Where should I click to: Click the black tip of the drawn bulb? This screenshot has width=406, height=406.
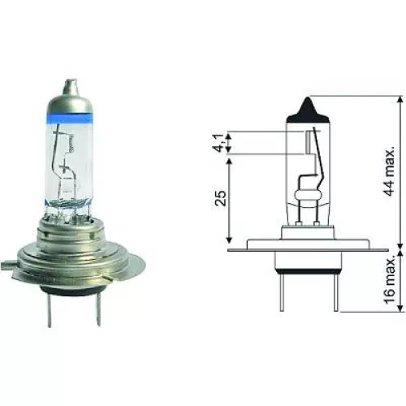click(x=309, y=105)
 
